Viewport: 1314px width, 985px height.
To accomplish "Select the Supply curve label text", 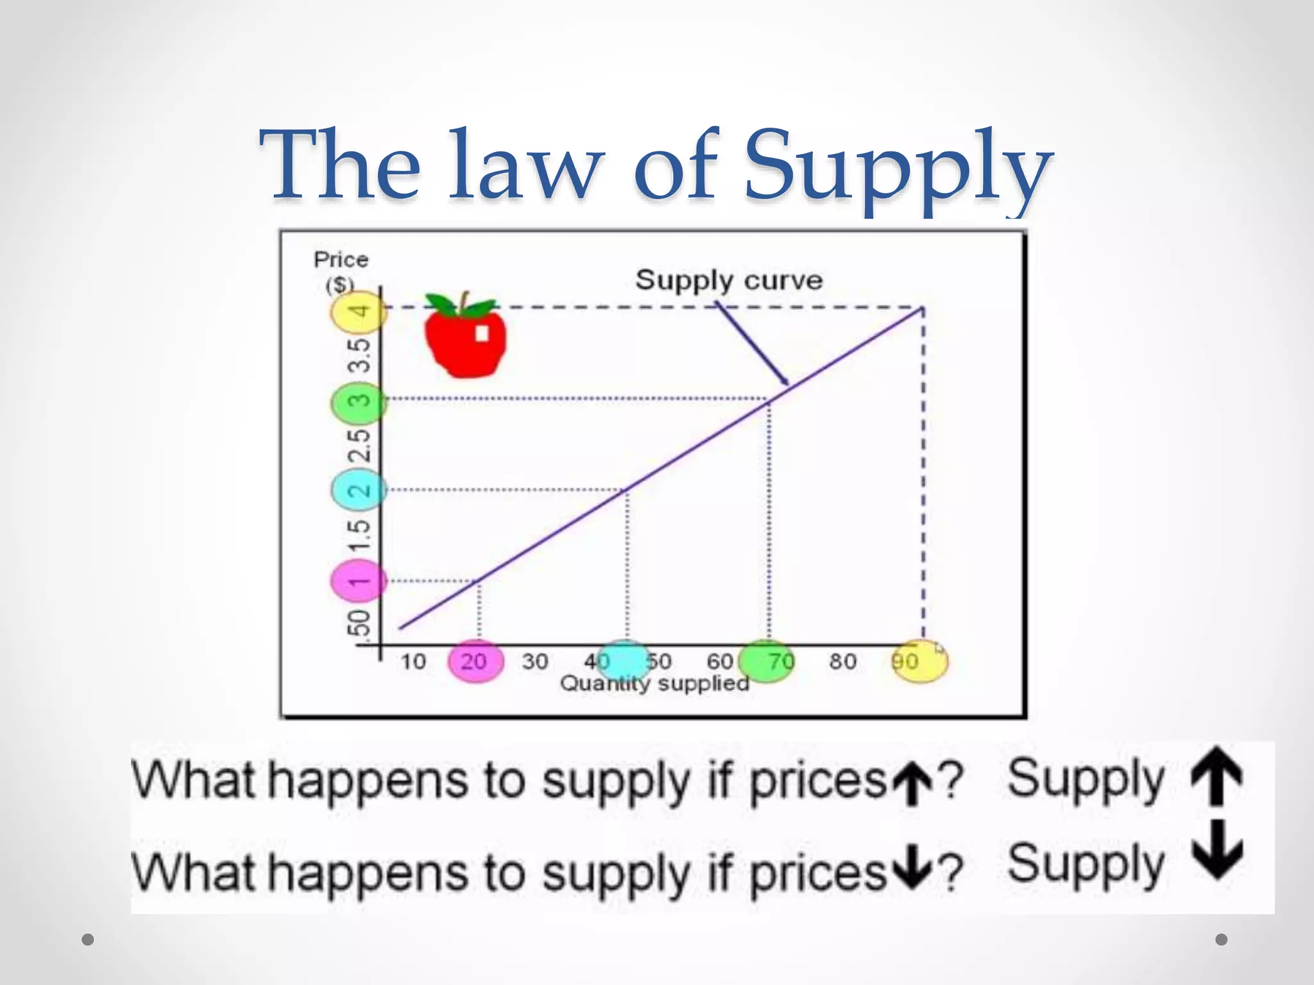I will click(729, 280).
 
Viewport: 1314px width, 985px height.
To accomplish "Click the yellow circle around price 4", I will click(358, 312).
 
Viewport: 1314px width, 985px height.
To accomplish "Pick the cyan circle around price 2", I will click(358, 491).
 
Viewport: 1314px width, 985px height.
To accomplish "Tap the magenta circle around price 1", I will click(358, 581).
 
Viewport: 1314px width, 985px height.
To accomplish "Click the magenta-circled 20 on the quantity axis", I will click(475, 661).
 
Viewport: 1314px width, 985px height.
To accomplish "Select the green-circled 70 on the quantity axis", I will click(767, 661).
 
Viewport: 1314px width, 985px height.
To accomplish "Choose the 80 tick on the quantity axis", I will click(842, 661).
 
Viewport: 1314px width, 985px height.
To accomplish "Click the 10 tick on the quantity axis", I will click(413, 661).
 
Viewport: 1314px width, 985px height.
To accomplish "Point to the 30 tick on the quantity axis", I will click(534, 661).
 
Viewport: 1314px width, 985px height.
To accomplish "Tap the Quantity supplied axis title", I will click(654, 684).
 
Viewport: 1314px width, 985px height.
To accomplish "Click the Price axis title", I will click(341, 260).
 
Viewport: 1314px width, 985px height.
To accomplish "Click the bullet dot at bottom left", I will click(89, 939).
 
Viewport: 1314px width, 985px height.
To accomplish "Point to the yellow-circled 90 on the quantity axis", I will click(919, 661).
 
